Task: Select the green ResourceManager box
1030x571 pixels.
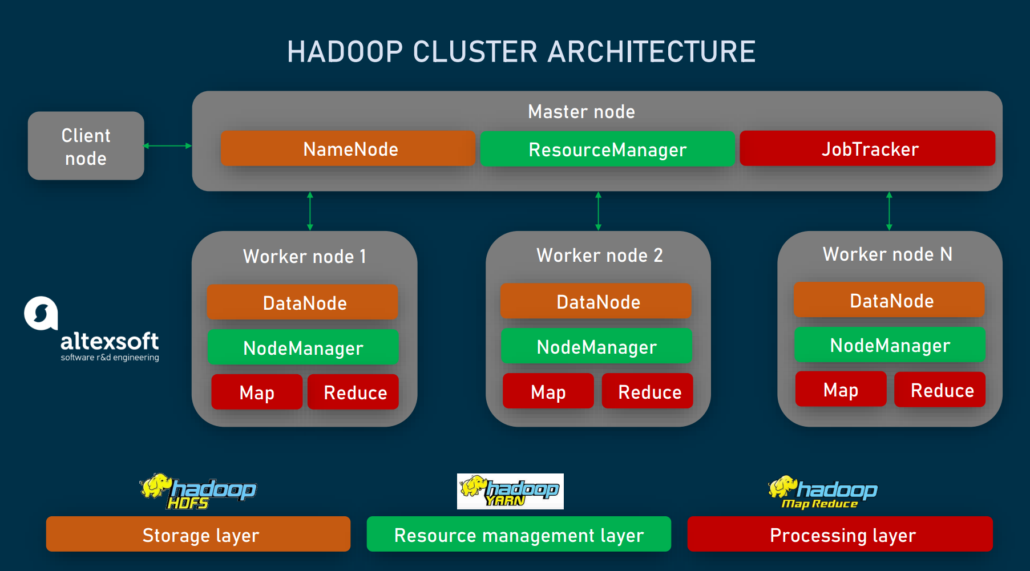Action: coord(607,149)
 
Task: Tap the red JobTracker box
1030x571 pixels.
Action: coord(867,149)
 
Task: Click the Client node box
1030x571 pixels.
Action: coord(86,146)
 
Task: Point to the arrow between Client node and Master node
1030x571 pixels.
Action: coord(168,146)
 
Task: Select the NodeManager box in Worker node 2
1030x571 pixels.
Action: coord(597,347)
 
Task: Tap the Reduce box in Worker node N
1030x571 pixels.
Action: coord(940,390)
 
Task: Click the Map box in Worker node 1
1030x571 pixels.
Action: coord(257,392)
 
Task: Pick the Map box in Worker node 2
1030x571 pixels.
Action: coord(548,392)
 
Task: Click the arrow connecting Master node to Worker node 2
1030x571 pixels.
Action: coord(598,211)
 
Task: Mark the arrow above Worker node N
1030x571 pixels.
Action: coord(889,211)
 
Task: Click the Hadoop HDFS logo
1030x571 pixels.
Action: coord(197,491)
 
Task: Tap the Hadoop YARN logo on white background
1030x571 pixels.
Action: coord(510,491)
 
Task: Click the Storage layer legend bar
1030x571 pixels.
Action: coord(198,534)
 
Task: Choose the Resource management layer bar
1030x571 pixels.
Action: coord(519,534)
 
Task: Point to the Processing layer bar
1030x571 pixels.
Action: coord(840,534)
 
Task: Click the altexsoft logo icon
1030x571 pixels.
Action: coord(41,313)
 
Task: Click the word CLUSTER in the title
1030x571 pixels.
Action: coord(475,52)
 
